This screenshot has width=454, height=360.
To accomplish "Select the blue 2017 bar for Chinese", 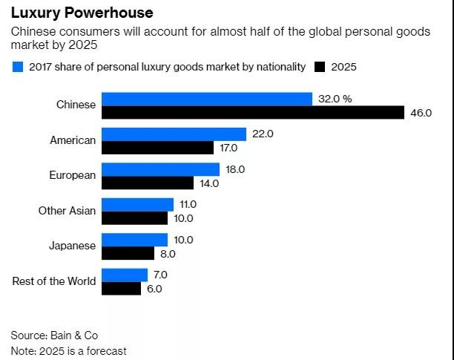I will point(206,99).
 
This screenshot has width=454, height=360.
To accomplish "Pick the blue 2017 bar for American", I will point(174,134).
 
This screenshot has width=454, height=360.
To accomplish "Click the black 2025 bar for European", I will point(148,183).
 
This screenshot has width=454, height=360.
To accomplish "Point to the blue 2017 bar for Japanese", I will point(134,240).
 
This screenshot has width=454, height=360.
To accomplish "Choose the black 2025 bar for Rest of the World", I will point(121,288).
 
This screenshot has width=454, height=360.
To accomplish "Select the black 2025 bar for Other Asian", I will point(134,218).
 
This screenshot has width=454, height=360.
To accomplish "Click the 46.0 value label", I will point(421,113).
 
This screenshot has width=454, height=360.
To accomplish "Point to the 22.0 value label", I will point(263,134).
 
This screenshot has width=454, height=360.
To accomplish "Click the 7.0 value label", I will point(160,275).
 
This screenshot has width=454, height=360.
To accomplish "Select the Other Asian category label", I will point(67,211).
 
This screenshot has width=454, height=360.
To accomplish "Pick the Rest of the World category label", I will point(54,281).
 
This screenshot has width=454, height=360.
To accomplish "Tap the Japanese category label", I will point(73,246).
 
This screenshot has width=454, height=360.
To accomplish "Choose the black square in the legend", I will point(320,68).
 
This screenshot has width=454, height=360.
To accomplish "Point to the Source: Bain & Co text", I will point(54,335).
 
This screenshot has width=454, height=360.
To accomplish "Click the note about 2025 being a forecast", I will point(68,350).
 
